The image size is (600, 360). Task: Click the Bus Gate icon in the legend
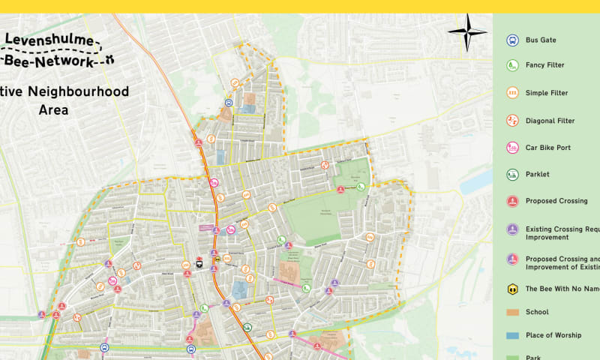(x=511, y=40)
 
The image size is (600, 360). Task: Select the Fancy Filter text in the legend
(x=544, y=65)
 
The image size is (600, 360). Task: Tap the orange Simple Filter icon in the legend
(x=511, y=93)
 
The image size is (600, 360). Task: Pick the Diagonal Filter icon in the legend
(x=511, y=120)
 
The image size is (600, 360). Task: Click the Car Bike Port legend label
(x=547, y=148)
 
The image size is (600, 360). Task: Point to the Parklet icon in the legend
(x=511, y=175)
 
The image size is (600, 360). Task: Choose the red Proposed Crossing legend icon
(x=511, y=201)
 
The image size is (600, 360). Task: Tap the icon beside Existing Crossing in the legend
(x=511, y=229)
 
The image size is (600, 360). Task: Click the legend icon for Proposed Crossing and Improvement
(x=511, y=259)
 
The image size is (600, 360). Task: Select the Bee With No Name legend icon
(x=511, y=288)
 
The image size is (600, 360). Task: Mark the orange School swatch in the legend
(x=511, y=312)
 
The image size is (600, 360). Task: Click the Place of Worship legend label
(x=553, y=335)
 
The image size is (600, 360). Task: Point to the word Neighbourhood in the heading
(x=82, y=92)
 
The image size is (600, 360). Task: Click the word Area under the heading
(x=53, y=110)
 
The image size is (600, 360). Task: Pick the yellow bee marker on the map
(x=217, y=262)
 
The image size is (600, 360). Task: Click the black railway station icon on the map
(x=199, y=262)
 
